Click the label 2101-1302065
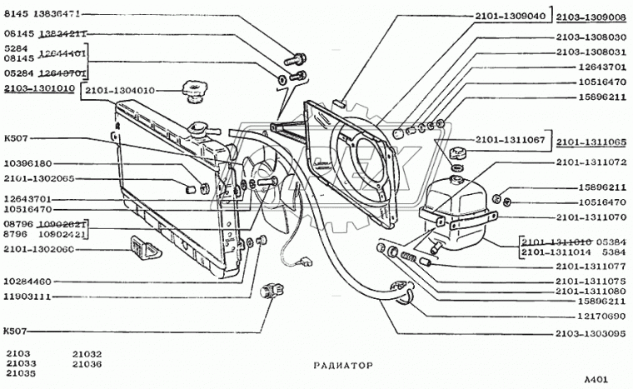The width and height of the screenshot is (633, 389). (40, 177)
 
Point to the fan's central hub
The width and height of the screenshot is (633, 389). (268, 181)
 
